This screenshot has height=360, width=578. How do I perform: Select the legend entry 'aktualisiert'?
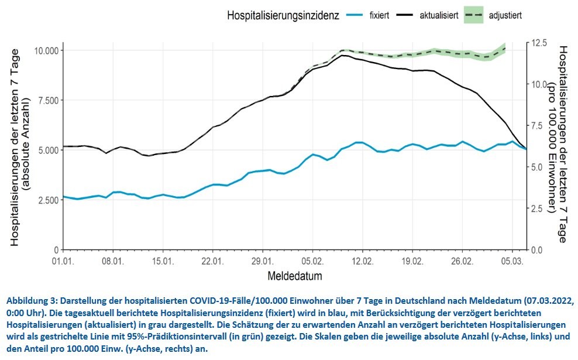(439, 15)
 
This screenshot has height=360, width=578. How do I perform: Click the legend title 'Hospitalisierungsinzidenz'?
(283, 16)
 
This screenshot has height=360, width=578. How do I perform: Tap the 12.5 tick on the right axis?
(539, 43)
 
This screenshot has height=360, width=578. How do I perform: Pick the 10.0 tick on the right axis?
(539, 84)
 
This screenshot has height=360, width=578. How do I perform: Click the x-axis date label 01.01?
(63, 260)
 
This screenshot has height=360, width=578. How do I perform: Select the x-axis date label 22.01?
(212, 260)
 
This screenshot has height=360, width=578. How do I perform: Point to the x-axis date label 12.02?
(362, 260)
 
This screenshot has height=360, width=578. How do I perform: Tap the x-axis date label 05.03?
(512, 260)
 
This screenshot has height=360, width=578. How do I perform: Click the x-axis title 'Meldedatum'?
(295, 275)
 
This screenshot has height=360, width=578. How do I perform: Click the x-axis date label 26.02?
(462, 260)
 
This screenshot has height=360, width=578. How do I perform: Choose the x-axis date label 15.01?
(163, 260)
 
